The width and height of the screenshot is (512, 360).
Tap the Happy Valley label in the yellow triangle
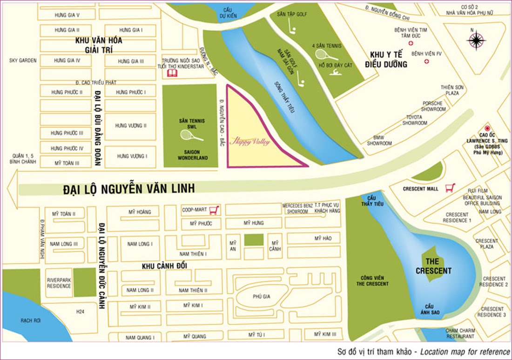pyautogui.click(x=250, y=142)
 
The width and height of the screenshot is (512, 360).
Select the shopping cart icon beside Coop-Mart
pyautogui.click(x=214, y=210)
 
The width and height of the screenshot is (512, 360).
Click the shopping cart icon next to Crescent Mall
pyautogui.click(x=450, y=188)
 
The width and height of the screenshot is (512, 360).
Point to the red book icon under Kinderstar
pyautogui.click(x=172, y=74)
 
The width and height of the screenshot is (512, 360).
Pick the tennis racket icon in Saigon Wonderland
pyautogui.click(x=191, y=136)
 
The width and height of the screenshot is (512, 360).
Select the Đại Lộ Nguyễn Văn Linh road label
pyautogui.click(x=128, y=189)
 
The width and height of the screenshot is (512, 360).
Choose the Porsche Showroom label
pyautogui.click(x=433, y=106)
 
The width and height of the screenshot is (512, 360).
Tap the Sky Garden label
pyautogui.click(x=22, y=61)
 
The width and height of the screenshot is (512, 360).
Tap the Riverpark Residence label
pyautogui.click(x=59, y=283)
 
